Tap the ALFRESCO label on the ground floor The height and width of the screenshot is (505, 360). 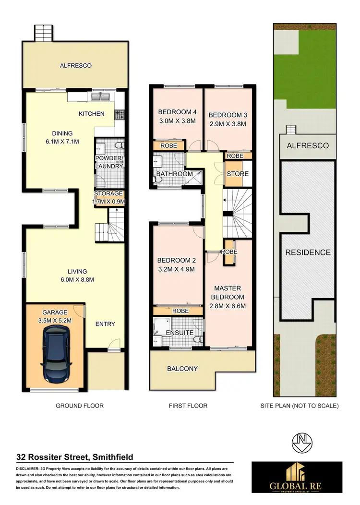coord(75,65)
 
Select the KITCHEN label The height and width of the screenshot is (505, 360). coord(91,114)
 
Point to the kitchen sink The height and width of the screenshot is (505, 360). coord(101,97)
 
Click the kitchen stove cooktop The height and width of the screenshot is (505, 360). coord(119,114)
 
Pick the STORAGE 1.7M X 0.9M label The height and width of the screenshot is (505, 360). coord(108,197)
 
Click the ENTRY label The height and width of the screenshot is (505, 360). coord(105,324)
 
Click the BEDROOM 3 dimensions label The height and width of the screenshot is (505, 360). coord(227,123)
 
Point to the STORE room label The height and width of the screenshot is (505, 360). coord(237,173)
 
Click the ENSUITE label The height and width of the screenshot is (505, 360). coord(180,332)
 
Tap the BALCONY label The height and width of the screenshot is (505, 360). coord(182,369)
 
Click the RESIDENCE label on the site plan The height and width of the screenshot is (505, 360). coord(308,252)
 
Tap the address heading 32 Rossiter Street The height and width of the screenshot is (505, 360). coord(74,457)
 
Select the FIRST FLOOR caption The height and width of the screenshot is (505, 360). coord(188,406)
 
